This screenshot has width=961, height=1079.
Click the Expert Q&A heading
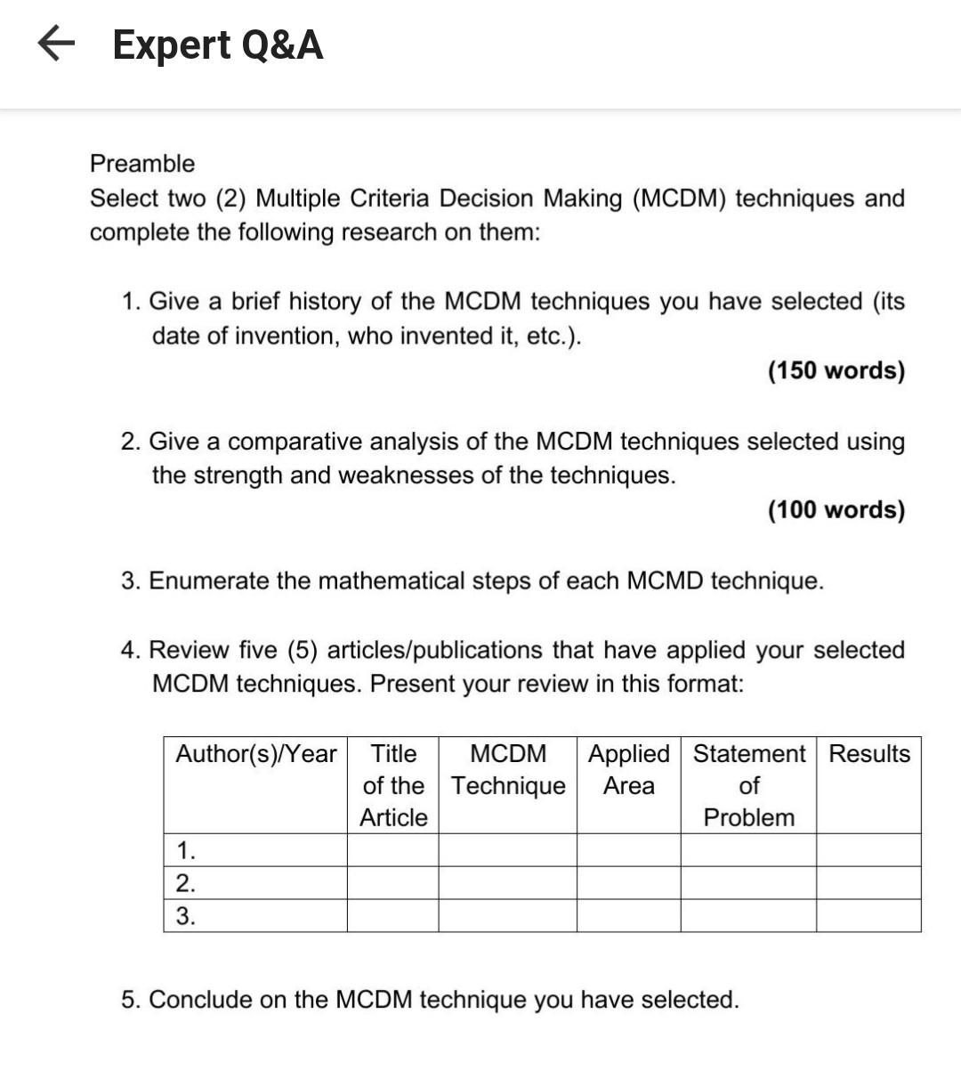(x=218, y=45)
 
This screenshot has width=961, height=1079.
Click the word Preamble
(x=142, y=164)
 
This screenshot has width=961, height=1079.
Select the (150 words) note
(x=836, y=370)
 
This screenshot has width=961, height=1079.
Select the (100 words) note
(x=836, y=510)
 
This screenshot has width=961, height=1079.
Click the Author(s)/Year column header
(x=255, y=754)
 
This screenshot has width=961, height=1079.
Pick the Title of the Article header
(x=393, y=785)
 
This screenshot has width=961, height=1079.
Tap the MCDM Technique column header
(x=508, y=770)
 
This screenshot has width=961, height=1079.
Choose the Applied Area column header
(x=629, y=770)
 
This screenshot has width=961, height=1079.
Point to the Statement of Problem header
(x=748, y=785)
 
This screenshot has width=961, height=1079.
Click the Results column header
(x=869, y=754)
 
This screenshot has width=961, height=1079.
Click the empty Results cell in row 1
(x=868, y=850)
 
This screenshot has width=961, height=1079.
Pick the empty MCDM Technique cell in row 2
(x=507, y=883)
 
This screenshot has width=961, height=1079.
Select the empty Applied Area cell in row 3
(x=629, y=916)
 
